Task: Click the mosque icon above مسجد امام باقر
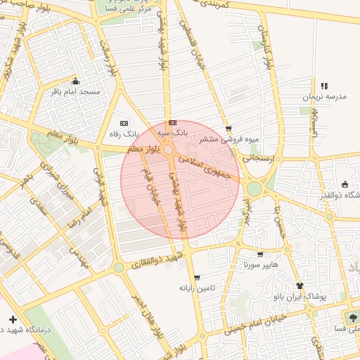(x=75, y=80)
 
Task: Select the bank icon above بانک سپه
(x=173, y=122)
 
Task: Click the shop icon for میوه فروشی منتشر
(x=229, y=128)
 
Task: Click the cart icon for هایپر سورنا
(x=261, y=255)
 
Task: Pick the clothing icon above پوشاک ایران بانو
(x=300, y=285)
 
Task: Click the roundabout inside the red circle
(x=169, y=150)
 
